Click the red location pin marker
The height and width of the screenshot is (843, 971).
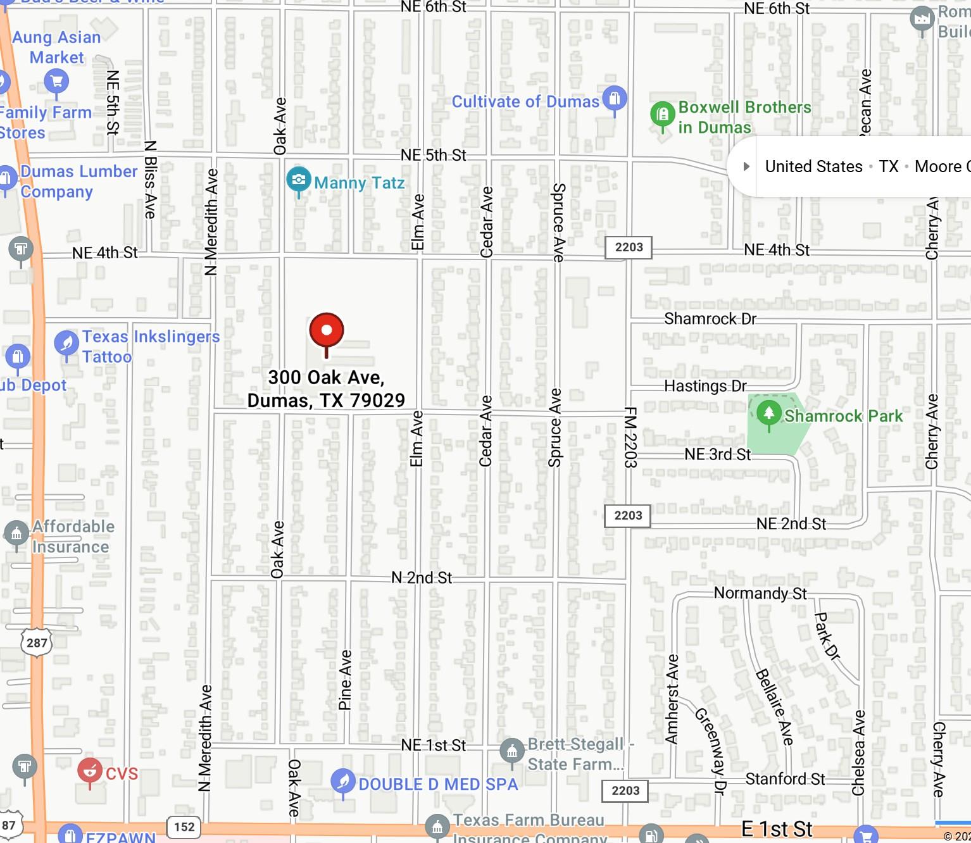pyautogui.click(x=327, y=330)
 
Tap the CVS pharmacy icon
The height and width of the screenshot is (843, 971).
pyautogui.click(x=90, y=771)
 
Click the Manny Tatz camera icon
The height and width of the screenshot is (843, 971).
pyautogui.click(x=299, y=180)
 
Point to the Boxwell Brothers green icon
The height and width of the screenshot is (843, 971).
pyautogui.click(x=663, y=115)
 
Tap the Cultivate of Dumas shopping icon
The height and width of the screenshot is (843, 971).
pyautogui.click(x=614, y=99)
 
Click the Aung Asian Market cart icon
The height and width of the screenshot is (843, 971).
pyautogui.click(x=56, y=81)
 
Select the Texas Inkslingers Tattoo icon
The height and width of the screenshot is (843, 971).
pyautogui.click(x=66, y=343)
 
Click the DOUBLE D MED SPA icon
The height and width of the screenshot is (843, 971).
pyautogui.click(x=343, y=782)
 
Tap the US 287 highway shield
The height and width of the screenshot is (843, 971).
pyautogui.click(x=37, y=643)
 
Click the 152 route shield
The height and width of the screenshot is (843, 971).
pyautogui.click(x=184, y=827)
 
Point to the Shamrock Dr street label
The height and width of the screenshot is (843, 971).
pyautogui.click(x=710, y=319)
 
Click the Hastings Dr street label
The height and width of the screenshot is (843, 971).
pyautogui.click(x=705, y=386)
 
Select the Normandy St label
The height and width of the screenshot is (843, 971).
pyautogui.click(x=760, y=593)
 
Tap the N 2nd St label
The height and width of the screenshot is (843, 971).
pyautogui.click(x=422, y=577)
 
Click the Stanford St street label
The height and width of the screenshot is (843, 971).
pyautogui.click(x=785, y=778)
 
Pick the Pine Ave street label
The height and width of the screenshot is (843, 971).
pyautogui.click(x=345, y=680)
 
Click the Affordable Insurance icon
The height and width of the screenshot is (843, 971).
pyautogui.click(x=16, y=533)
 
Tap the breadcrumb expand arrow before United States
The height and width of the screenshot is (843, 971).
pyautogui.click(x=746, y=166)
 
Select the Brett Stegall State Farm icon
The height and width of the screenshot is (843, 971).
pyautogui.click(x=511, y=751)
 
